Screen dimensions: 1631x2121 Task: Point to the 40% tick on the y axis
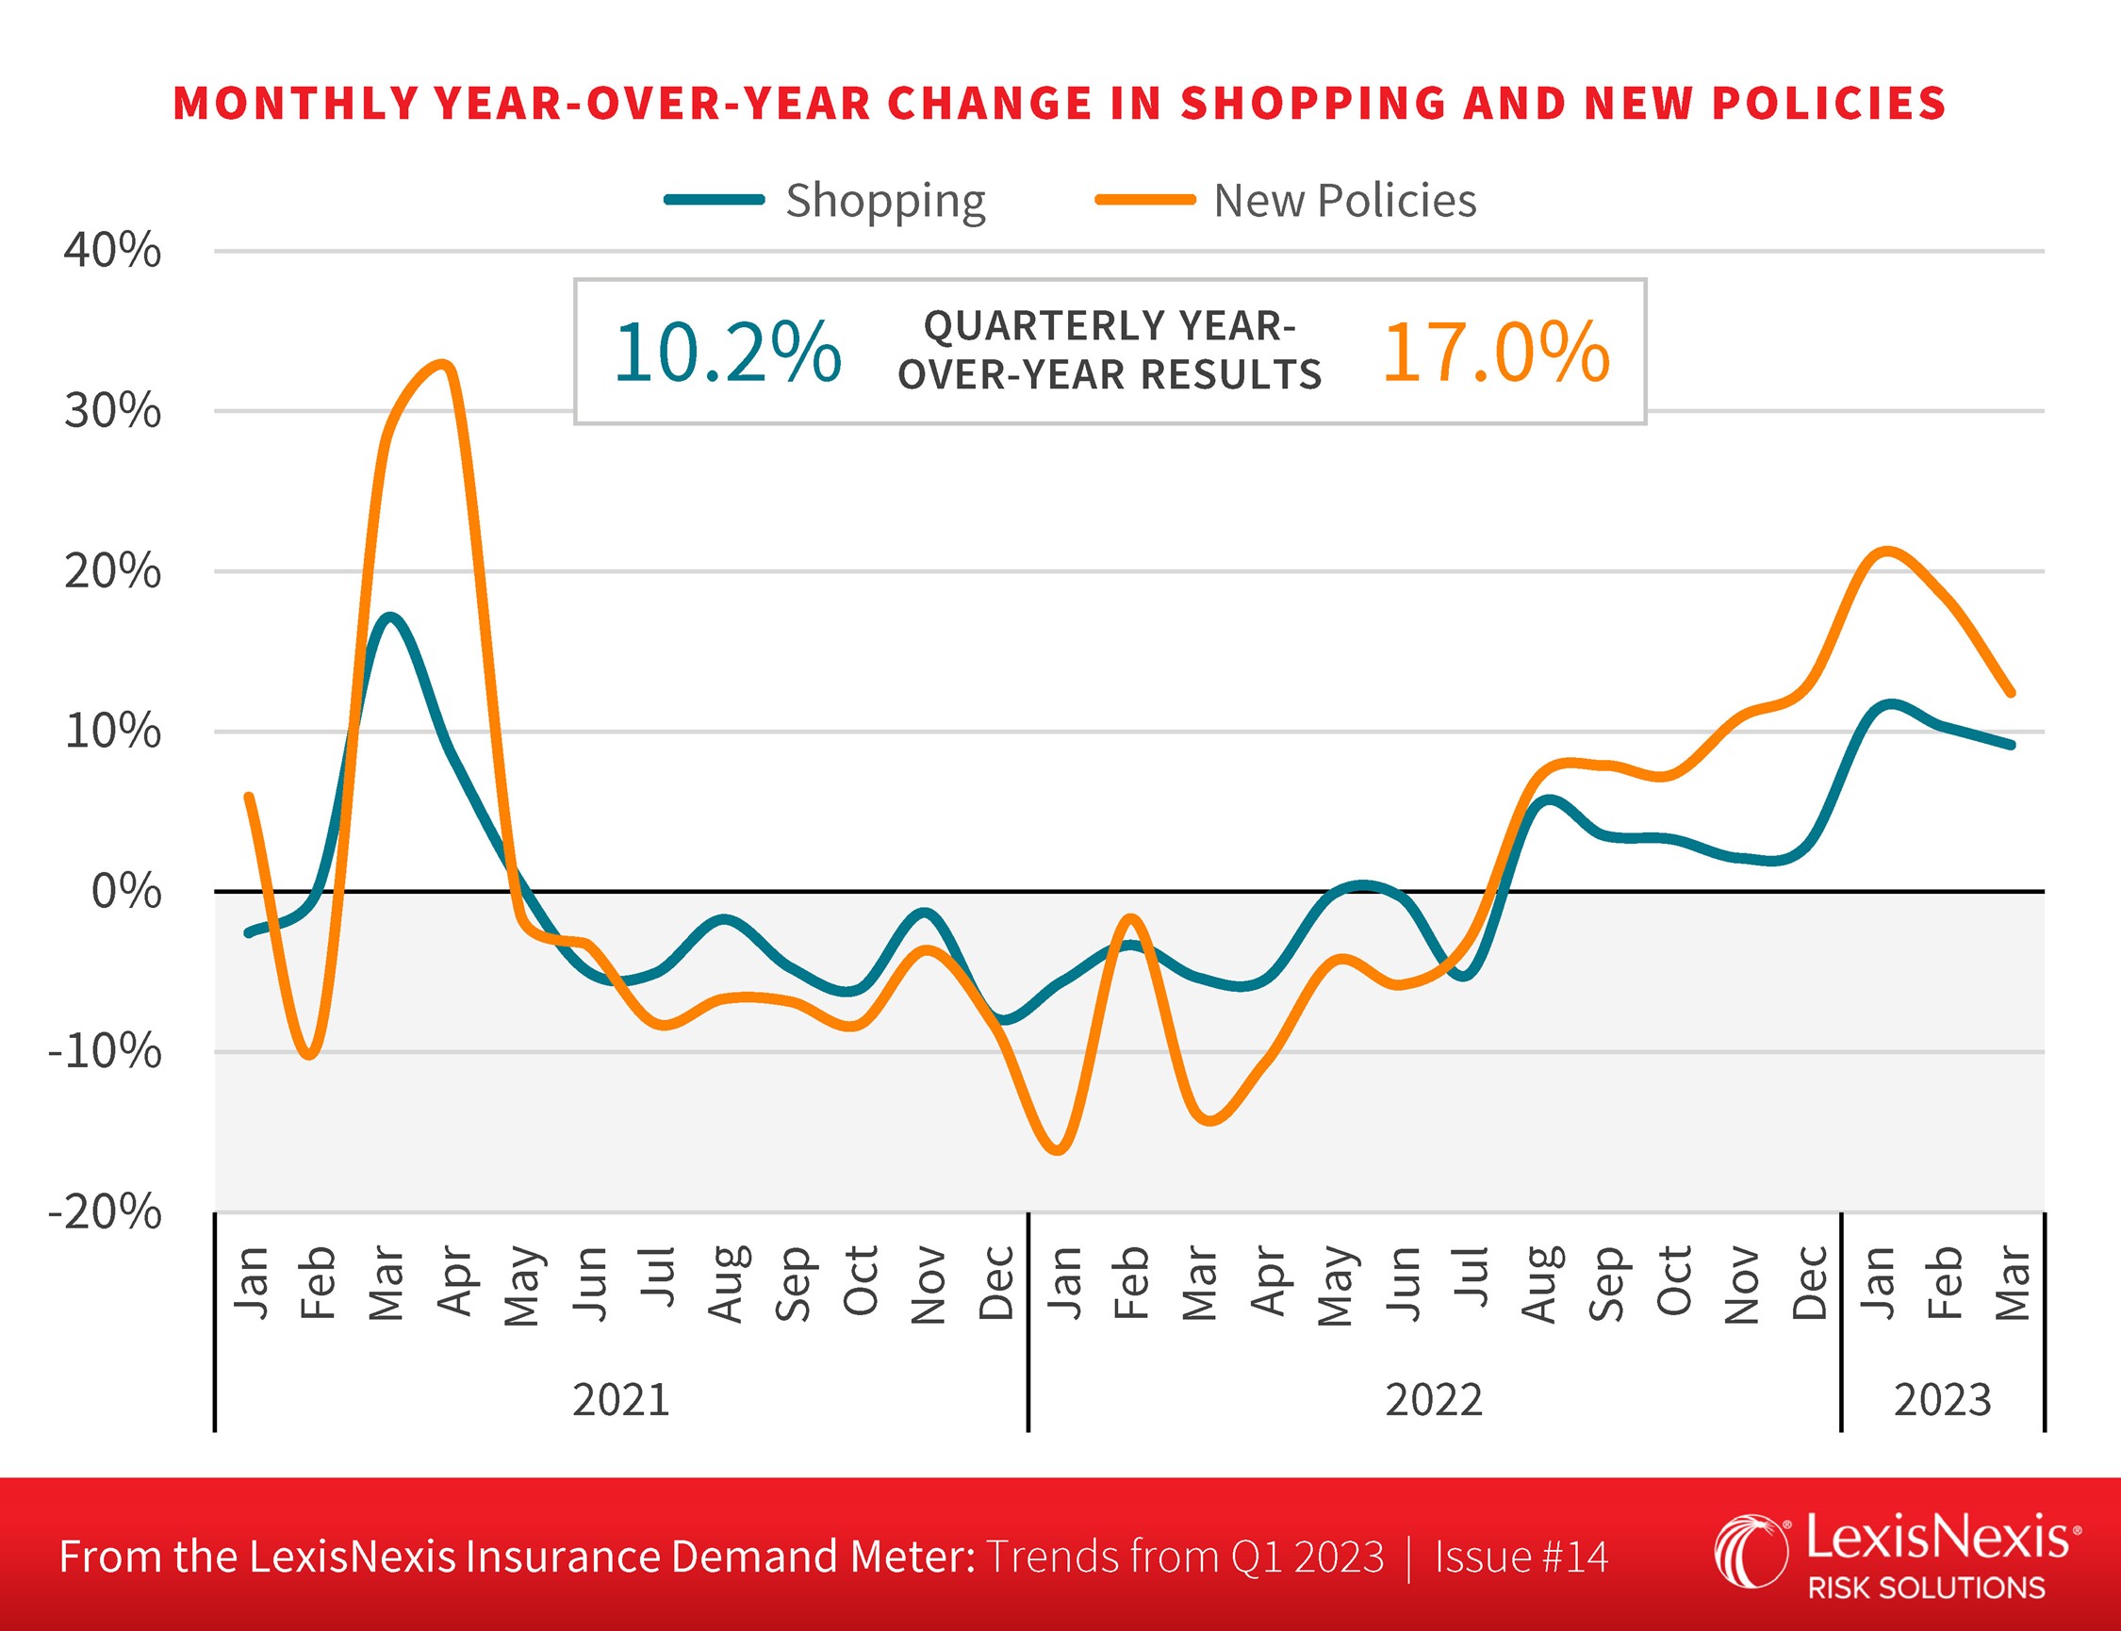112,251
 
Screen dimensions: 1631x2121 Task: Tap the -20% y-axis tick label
105,1211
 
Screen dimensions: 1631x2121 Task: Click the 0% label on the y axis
126,891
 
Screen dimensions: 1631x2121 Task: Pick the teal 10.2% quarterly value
727,352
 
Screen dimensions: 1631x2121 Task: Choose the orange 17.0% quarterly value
1496,352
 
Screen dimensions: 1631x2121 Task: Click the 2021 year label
621,1400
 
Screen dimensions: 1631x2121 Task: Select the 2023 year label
1943,1400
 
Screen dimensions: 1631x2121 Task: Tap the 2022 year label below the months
1434,1400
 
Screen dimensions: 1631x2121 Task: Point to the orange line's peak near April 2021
444,365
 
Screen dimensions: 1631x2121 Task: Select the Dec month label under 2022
1809,1283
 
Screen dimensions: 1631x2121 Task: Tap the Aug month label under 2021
725,1283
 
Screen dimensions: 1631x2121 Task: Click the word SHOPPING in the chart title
1312,104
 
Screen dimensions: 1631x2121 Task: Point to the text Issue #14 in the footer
1521,1557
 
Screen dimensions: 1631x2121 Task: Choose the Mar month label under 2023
2013,1283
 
